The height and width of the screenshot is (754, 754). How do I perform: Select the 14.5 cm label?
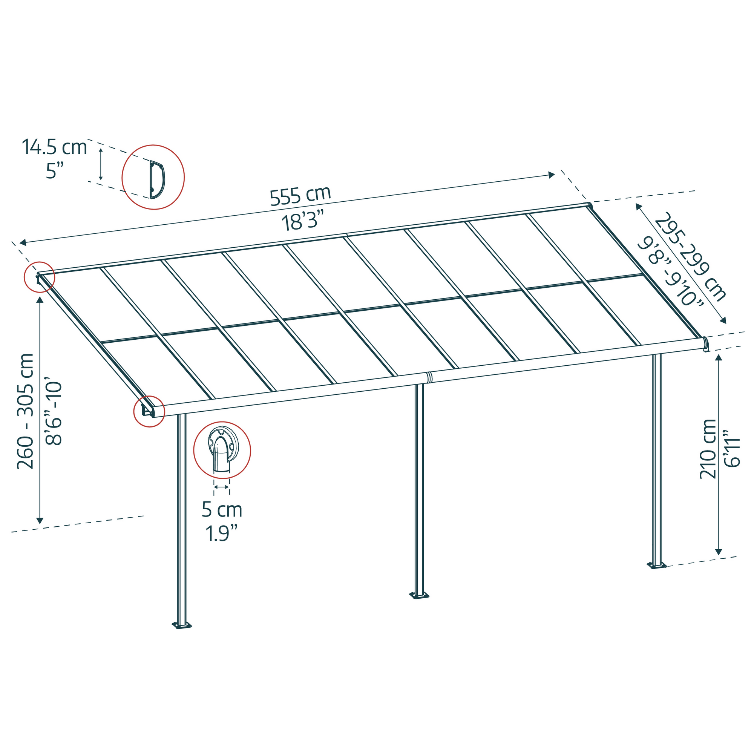[54, 147]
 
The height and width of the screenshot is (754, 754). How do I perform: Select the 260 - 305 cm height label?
[25, 411]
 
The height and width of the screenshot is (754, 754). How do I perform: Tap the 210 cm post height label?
[708, 449]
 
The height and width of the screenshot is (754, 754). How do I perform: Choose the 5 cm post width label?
[222, 510]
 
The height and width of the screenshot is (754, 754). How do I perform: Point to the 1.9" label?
[222, 533]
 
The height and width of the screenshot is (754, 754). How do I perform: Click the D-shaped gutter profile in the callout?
[157, 179]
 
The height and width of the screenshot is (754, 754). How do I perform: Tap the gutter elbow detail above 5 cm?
[222, 450]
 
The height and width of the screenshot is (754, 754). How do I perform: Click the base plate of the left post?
[182, 625]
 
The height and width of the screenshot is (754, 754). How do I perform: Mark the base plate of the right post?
[656, 565]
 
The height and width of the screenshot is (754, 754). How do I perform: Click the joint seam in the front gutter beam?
[429, 377]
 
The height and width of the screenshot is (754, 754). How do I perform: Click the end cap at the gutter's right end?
[705, 344]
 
